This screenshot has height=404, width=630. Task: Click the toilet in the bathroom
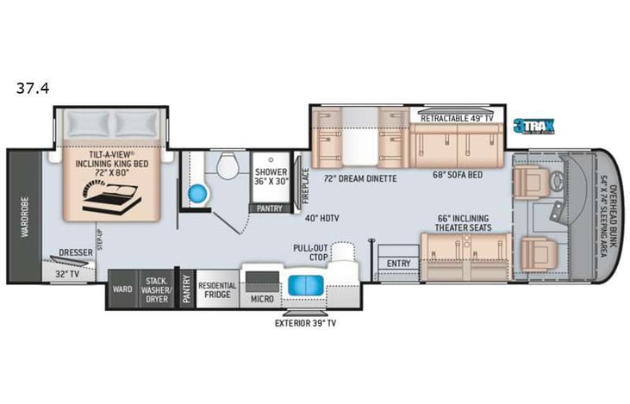[228, 165]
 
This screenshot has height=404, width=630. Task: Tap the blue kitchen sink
[305, 285]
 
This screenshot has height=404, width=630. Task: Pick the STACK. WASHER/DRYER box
[156, 289]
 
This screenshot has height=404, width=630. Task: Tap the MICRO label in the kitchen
[262, 298]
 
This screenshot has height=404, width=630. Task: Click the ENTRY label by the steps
[399, 263]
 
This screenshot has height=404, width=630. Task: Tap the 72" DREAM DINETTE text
[359, 178]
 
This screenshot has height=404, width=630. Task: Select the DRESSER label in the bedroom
[76, 253]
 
